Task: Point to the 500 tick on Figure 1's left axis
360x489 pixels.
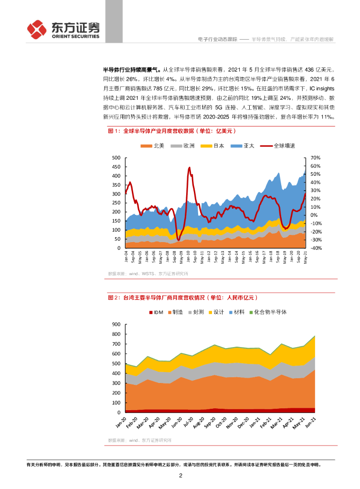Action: [116, 158]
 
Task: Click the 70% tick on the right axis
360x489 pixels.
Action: [315, 158]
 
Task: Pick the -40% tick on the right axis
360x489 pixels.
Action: [316, 248]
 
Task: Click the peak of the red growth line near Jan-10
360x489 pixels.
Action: [189, 168]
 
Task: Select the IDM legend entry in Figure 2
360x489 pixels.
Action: [156, 312]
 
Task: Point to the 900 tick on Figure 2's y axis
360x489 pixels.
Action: [116, 324]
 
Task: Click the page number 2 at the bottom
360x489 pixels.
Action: [180, 476]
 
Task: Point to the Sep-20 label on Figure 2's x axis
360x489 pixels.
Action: [208, 422]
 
